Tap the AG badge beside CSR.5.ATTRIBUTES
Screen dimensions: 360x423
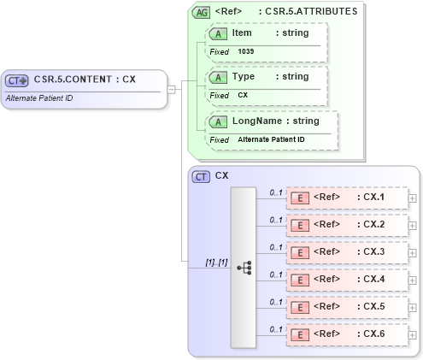point(201,13)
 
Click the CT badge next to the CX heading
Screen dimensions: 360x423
point(201,176)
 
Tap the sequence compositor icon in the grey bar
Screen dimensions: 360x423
point(243,267)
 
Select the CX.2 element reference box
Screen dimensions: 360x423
point(346,225)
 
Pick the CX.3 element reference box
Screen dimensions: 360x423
point(346,252)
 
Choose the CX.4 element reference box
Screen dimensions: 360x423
point(346,280)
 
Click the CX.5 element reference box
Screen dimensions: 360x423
point(346,307)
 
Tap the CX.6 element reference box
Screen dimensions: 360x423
point(346,334)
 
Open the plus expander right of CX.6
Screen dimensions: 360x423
point(413,334)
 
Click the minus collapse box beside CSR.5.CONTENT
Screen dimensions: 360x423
point(172,88)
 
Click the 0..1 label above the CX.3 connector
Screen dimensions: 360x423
point(275,246)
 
